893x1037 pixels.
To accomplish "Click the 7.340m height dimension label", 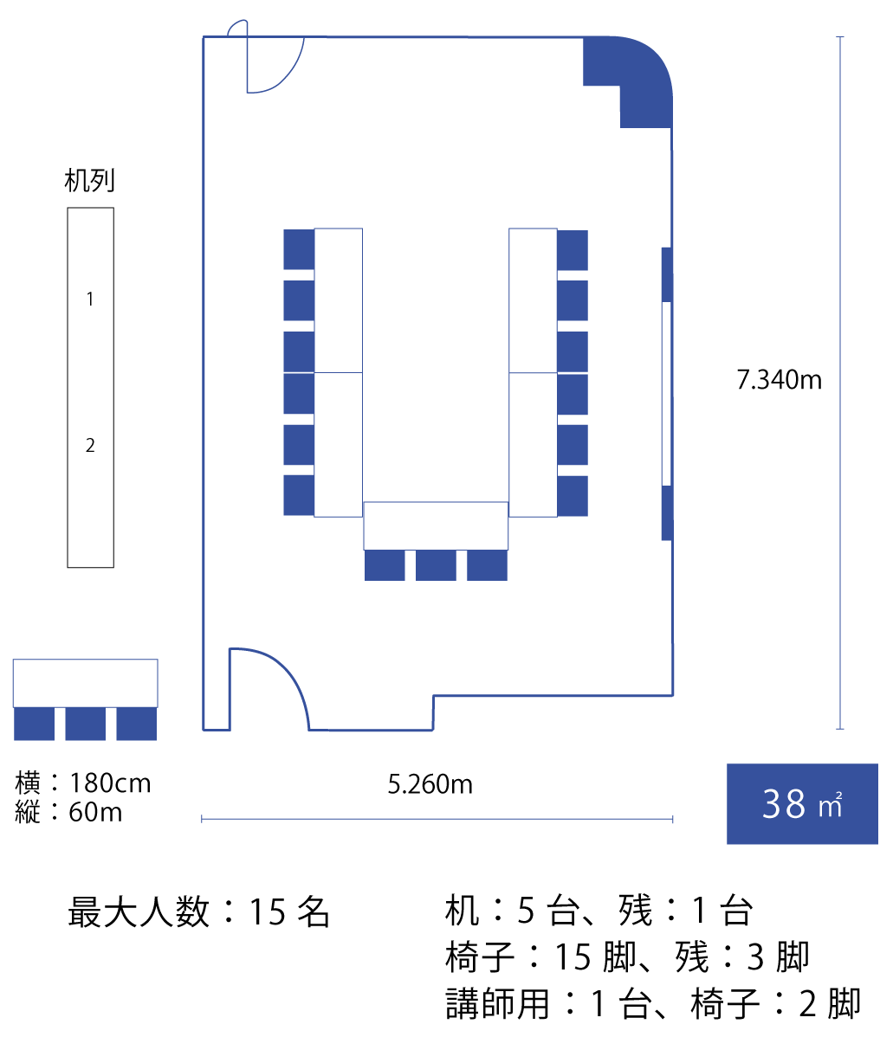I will (x=779, y=380).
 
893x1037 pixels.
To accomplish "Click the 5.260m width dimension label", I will (x=430, y=784).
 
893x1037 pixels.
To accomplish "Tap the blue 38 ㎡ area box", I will (x=802, y=803).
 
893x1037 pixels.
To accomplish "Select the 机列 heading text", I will (x=89, y=181).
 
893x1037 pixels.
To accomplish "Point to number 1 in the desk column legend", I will (x=90, y=300).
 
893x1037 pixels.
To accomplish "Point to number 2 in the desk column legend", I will (x=90, y=446).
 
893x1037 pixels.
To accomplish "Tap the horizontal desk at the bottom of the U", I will (x=435, y=525).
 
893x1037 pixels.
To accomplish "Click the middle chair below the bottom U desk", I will (x=436, y=565).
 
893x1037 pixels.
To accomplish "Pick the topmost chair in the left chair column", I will (x=299, y=249).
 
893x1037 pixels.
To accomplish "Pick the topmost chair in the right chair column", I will (x=573, y=250).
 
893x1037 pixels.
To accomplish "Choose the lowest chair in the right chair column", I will (x=573, y=496).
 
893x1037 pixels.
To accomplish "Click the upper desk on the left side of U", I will (x=338, y=300).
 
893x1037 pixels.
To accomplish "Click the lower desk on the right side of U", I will (x=533, y=444).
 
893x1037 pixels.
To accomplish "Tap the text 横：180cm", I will (x=83, y=783).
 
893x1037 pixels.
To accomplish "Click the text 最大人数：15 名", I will (x=199, y=912).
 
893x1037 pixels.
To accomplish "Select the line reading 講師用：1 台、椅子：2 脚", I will (x=653, y=1004).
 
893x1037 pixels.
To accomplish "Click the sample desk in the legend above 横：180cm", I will (x=85, y=683).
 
